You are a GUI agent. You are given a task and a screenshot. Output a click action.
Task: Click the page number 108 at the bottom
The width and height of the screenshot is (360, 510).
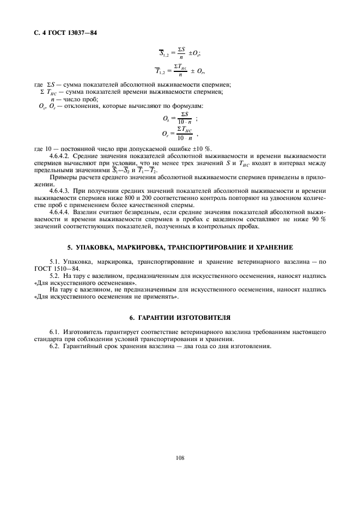tap(180, 458)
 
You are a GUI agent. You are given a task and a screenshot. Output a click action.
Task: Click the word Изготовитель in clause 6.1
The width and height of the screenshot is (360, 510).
tap(83, 331)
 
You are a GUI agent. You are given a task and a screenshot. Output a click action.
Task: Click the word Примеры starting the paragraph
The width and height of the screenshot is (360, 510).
tap(62, 177)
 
